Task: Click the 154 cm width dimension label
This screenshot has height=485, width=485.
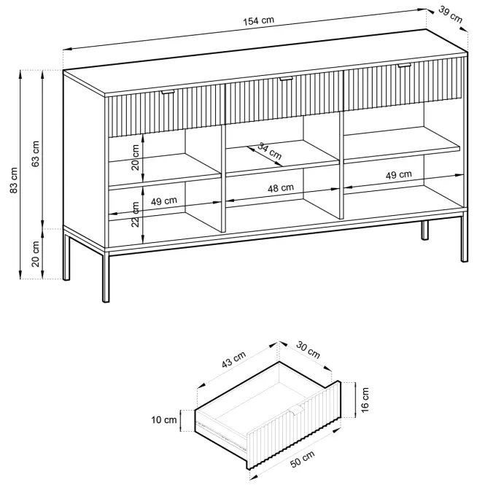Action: tap(259, 21)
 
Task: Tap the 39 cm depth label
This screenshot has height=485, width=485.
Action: tap(451, 15)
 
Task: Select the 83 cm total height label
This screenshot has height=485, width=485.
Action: tap(14, 180)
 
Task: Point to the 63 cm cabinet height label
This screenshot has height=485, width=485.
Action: tap(36, 154)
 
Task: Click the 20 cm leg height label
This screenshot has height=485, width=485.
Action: tap(36, 254)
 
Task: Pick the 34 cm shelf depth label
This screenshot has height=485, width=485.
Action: tap(270, 151)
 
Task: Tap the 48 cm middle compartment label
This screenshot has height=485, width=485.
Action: tap(281, 188)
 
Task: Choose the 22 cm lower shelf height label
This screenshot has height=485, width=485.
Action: tap(136, 214)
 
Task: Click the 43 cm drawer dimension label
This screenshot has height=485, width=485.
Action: tap(234, 360)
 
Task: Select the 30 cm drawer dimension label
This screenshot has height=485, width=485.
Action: tap(308, 349)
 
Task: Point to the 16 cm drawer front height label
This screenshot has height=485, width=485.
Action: tap(365, 400)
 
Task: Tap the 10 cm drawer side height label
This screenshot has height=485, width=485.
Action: tap(164, 420)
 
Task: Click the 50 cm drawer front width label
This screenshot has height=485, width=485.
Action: tap(303, 459)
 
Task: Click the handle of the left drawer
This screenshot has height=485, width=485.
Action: tap(168, 92)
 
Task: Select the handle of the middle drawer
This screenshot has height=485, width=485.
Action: tap(286, 79)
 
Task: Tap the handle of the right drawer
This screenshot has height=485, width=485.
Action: tap(404, 65)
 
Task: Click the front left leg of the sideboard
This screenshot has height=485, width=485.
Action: tap(106, 277)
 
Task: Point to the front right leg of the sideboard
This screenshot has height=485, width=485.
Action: tap(465, 238)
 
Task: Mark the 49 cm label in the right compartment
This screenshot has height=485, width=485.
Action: tap(399, 175)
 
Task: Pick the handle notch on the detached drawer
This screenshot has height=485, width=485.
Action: tap(296, 410)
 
